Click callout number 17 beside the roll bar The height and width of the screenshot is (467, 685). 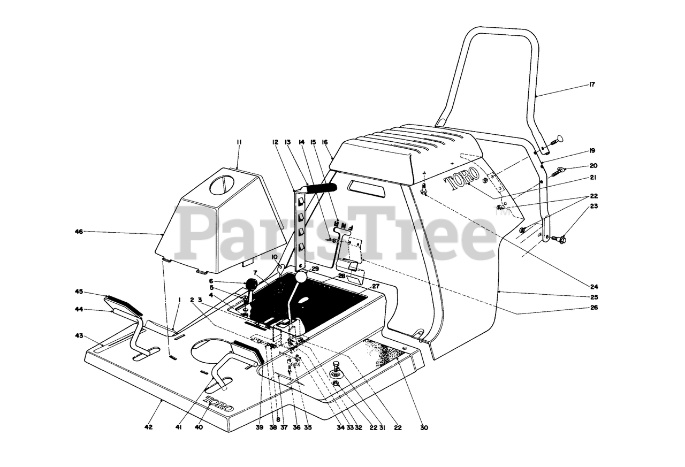click(x=592, y=85)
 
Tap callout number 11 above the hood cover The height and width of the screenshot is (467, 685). click(x=239, y=142)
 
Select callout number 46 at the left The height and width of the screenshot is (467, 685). click(x=79, y=232)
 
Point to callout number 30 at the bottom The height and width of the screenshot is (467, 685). click(x=424, y=427)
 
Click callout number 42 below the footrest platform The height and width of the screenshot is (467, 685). click(x=149, y=427)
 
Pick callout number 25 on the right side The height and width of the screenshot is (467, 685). click(x=593, y=296)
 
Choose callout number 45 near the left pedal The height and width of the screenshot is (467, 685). click(x=79, y=292)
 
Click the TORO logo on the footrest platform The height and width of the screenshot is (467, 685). click(x=218, y=403)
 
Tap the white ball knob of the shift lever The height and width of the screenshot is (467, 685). click(x=301, y=277)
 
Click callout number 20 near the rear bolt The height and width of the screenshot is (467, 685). click(x=593, y=166)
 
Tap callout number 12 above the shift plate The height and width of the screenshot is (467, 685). click(x=275, y=142)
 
